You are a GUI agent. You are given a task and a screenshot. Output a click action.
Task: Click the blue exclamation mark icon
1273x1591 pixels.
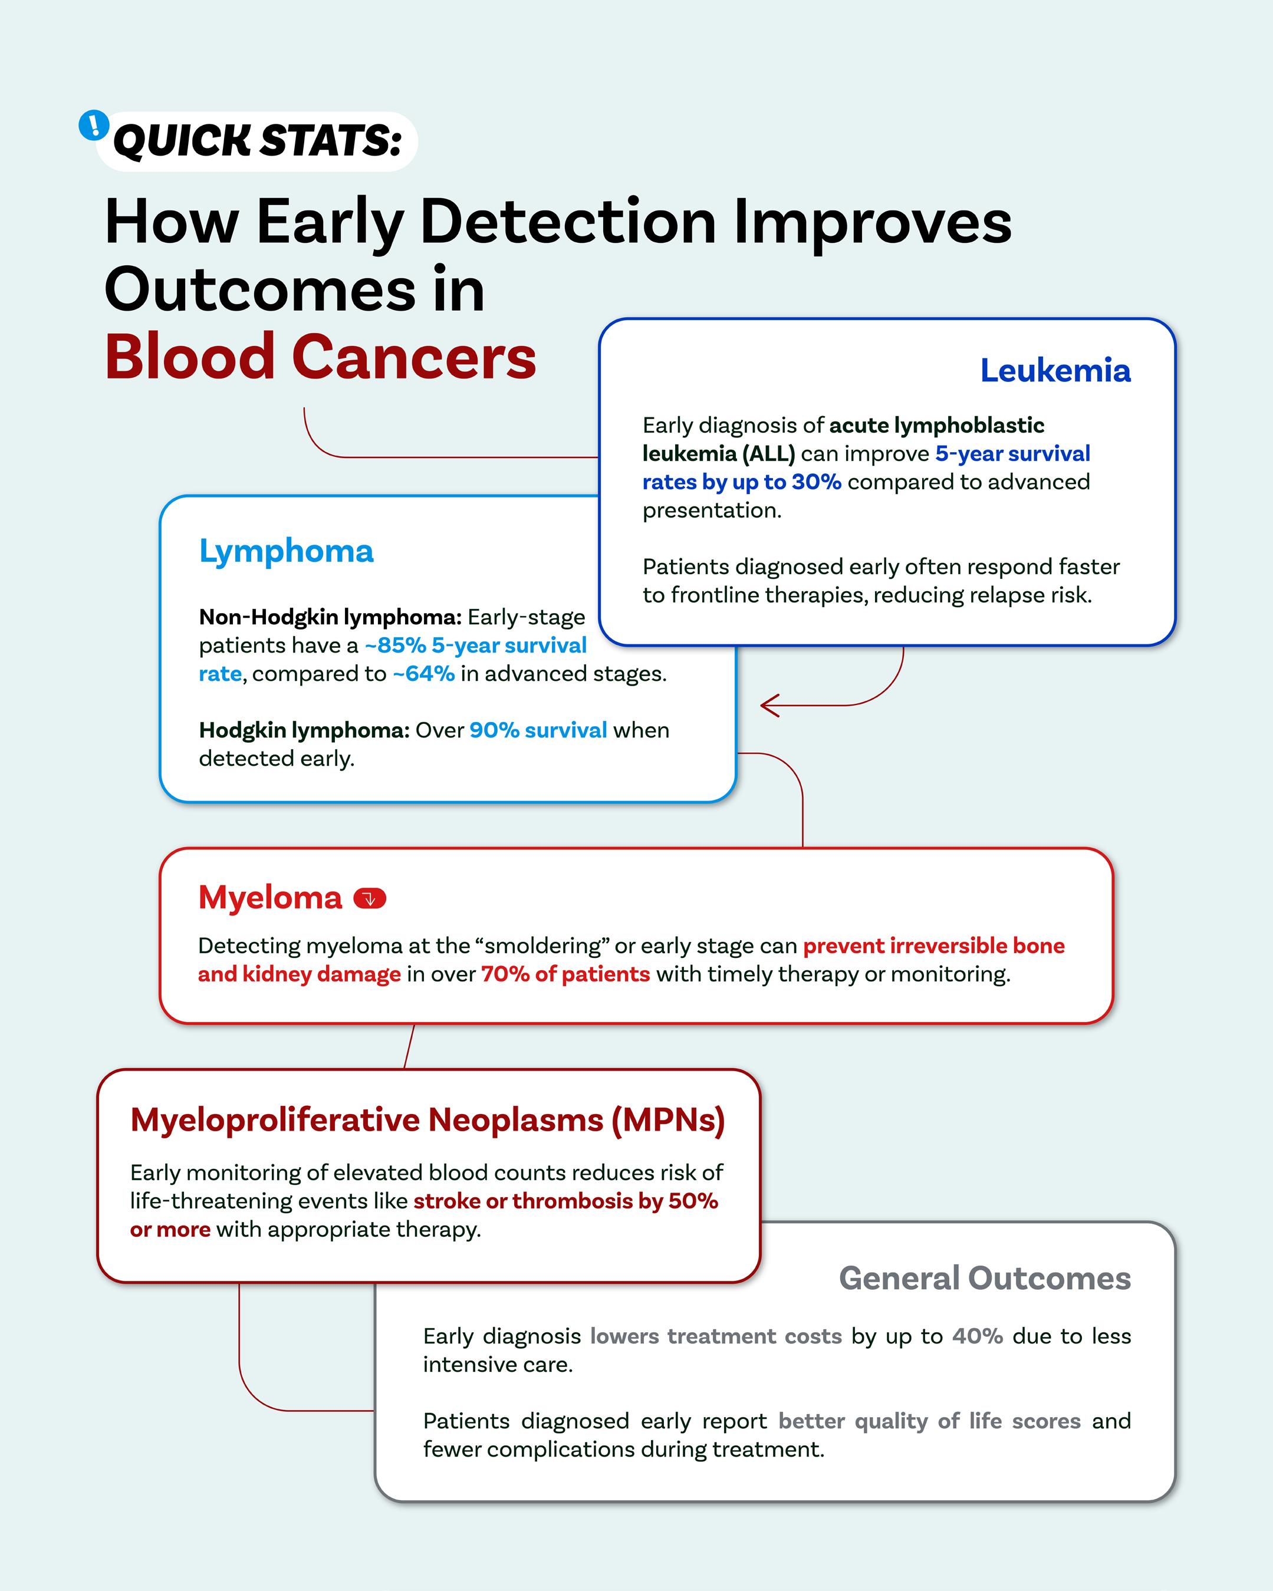point(94,126)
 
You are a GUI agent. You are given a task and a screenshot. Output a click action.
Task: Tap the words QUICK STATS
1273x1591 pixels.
point(257,140)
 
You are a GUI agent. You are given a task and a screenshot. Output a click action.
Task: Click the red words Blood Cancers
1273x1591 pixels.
point(320,357)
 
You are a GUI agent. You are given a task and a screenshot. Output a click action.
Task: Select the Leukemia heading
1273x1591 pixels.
point(1055,370)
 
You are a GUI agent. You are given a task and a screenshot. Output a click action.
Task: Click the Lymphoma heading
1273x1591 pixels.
point(287,551)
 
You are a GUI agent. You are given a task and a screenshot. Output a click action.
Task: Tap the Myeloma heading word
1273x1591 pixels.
point(270,898)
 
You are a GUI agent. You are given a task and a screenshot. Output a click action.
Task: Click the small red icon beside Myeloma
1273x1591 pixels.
point(370,899)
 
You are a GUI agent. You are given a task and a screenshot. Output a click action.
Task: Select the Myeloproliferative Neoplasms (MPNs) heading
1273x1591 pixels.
point(427,1120)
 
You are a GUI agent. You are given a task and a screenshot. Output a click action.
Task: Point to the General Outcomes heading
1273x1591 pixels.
point(985,1278)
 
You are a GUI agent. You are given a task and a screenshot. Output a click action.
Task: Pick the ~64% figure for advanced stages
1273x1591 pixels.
point(423,674)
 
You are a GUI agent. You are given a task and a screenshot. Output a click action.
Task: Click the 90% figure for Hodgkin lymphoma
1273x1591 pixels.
point(495,730)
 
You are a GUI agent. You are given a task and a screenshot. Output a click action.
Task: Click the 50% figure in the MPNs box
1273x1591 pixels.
point(693,1201)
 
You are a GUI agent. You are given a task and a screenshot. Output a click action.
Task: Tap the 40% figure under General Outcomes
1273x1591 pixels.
point(977,1336)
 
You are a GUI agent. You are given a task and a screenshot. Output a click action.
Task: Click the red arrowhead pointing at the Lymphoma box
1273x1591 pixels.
point(769,706)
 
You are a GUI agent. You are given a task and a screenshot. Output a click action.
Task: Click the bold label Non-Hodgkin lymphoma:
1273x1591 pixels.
point(330,617)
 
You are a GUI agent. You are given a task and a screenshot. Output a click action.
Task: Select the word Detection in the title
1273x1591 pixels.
point(567,222)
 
